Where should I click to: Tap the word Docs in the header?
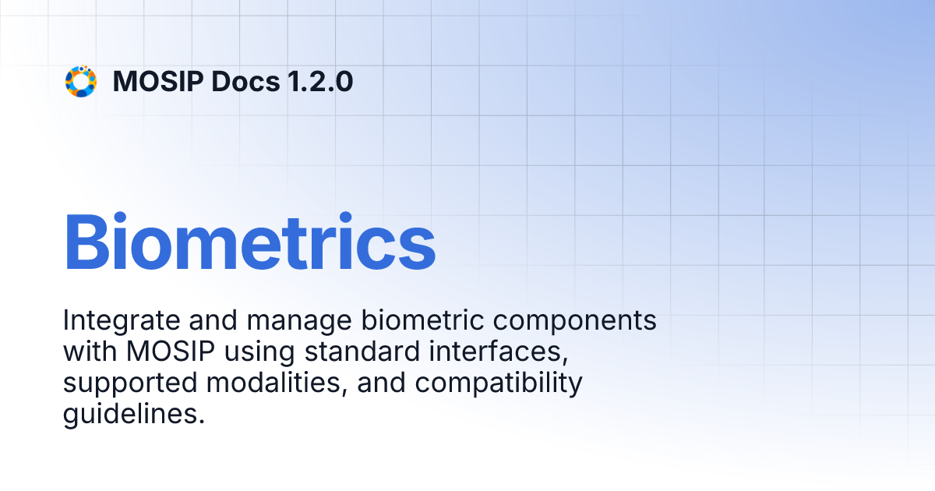[x=245, y=81]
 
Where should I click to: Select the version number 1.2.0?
[x=319, y=81]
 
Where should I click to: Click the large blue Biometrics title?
[x=249, y=242]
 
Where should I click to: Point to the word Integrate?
[x=122, y=321]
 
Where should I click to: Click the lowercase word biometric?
[x=422, y=320]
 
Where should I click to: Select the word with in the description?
[x=90, y=351]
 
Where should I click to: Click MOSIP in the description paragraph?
[x=171, y=351]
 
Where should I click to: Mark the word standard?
[x=362, y=351]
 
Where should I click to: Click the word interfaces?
[x=499, y=352]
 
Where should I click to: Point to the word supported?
[x=130, y=383]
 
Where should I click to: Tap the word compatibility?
[x=499, y=383]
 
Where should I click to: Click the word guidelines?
[x=129, y=415]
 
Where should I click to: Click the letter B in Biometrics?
[x=83, y=242]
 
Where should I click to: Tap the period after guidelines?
[x=202, y=422]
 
